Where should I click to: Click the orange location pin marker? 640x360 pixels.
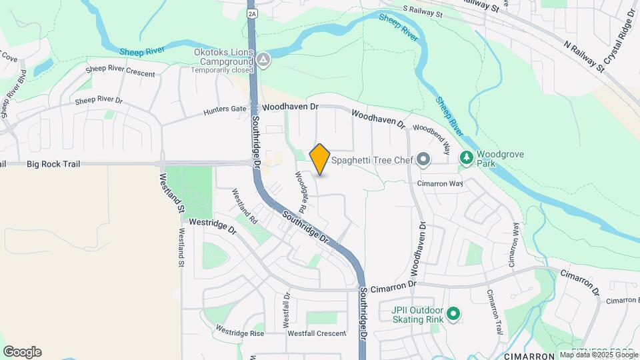pyautogui.click(x=320, y=159)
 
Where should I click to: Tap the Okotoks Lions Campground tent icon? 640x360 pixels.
pyautogui.click(x=265, y=61)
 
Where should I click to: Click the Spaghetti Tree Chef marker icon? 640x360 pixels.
pyautogui.click(x=423, y=160)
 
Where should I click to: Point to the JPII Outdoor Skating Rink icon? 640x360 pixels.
pyautogui.click(x=454, y=313)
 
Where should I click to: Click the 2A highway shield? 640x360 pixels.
pyautogui.click(x=251, y=13)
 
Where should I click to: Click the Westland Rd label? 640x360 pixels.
pyautogui.click(x=245, y=205)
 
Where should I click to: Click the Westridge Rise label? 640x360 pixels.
pyautogui.click(x=240, y=331)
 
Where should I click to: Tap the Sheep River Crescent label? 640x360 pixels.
pyautogui.click(x=121, y=71)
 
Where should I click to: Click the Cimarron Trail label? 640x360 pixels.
pyautogui.click(x=494, y=312)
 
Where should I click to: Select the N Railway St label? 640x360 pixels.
pyautogui.click(x=585, y=55)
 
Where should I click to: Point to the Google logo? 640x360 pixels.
pyautogui.click(x=22, y=352)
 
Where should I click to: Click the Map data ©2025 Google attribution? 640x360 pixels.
pyautogui.click(x=599, y=355)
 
